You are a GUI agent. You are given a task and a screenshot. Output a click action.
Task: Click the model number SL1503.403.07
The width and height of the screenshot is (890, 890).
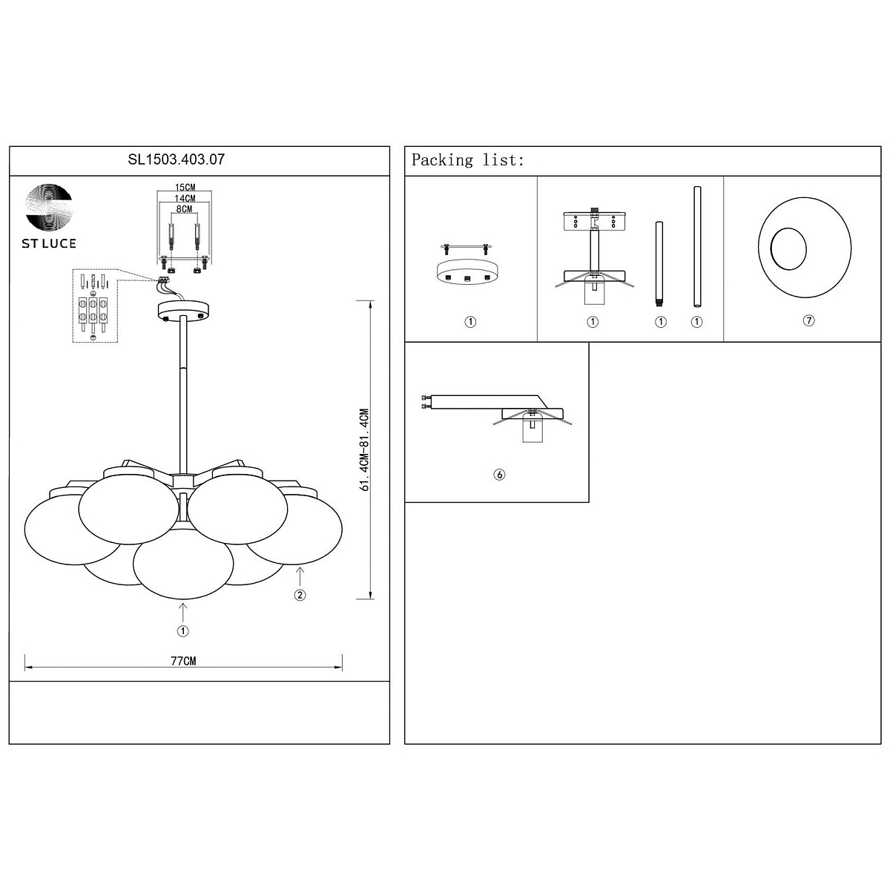coord(176,159)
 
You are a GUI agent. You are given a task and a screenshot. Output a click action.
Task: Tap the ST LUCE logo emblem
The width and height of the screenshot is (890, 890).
coord(49,207)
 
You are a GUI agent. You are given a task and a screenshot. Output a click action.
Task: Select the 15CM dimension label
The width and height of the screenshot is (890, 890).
coord(185,187)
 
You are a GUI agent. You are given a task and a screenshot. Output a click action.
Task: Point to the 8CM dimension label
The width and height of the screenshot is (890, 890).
coord(184,208)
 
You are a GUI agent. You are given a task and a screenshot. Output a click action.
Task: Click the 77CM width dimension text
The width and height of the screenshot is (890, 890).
coord(183,661)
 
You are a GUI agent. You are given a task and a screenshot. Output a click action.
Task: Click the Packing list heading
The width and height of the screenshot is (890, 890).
coord(467,160)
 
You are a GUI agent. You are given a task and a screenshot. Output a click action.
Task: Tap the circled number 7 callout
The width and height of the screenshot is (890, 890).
coord(808,320)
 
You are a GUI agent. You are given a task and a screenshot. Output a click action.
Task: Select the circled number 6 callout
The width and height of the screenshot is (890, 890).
coord(499,475)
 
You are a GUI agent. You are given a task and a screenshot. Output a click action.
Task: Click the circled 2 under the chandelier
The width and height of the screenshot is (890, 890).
coord(300,595)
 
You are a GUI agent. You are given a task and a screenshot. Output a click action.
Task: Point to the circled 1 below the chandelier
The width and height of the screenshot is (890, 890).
coord(183,631)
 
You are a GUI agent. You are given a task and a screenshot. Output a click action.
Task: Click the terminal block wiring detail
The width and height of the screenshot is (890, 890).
coord(95,306)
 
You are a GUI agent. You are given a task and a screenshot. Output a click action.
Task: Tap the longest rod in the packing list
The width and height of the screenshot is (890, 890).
coord(697,247)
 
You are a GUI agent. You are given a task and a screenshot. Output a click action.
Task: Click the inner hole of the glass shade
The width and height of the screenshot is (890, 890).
coord(788,248)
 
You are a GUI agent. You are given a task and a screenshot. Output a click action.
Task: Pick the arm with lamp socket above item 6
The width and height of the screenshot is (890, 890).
coord(496,418)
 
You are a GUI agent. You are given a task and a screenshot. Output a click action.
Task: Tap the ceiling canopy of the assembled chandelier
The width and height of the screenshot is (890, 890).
coord(183,310)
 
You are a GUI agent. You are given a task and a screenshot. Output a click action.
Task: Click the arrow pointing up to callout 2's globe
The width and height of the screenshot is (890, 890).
coord(300,578)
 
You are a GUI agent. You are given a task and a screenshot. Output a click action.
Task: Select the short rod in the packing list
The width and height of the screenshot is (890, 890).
coord(659,264)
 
